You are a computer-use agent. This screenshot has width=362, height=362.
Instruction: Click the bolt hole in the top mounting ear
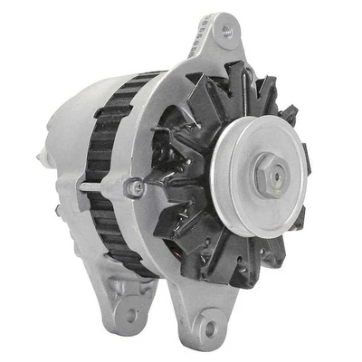pyautogui.click(x=225, y=32)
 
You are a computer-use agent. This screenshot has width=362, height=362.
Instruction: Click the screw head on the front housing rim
pyautogui.click(x=137, y=188)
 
